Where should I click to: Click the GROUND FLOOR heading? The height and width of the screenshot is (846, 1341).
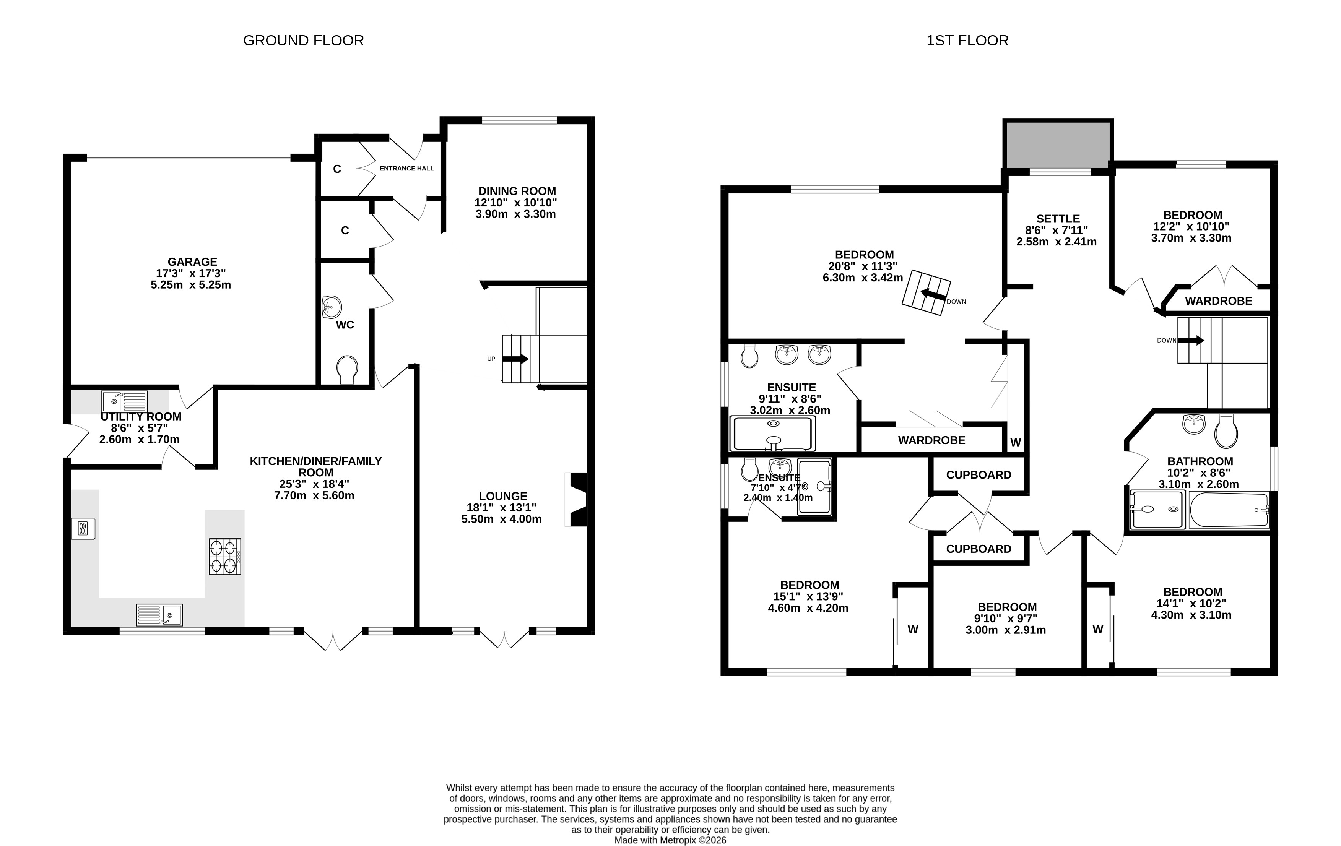click(304, 41)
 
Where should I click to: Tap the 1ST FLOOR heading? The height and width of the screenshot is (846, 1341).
click(967, 41)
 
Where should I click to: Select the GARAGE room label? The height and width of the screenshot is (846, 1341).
click(192, 261)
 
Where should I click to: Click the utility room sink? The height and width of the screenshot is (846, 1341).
click(124, 401)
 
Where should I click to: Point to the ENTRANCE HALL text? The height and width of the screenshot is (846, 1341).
click(406, 168)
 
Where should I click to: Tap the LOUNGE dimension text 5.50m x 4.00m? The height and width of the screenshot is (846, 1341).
click(501, 519)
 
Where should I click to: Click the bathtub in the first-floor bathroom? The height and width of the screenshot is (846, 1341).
click(1229, 510)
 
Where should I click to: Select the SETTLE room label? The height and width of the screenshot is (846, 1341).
click(1058, 219)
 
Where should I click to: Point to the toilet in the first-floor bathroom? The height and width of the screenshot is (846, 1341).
click(1226, 431)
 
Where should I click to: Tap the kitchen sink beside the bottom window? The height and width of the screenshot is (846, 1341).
click(159, 614)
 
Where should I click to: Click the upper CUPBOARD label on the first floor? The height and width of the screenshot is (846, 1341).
click(979, 475)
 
